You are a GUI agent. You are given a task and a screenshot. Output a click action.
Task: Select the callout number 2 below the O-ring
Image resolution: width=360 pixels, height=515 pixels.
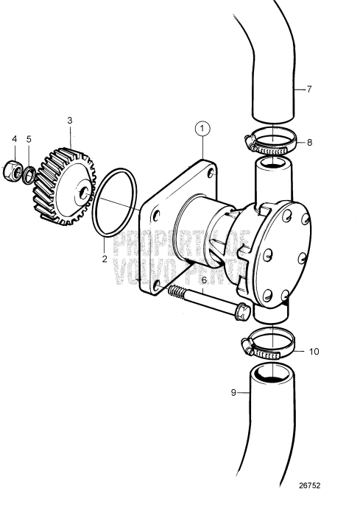click(x=105, y=258)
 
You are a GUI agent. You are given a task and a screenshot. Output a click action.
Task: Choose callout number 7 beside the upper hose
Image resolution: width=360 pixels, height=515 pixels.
click(x=309, y=89)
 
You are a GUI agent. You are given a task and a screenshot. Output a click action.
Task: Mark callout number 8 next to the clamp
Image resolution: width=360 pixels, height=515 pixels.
click(x=309, y=143)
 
